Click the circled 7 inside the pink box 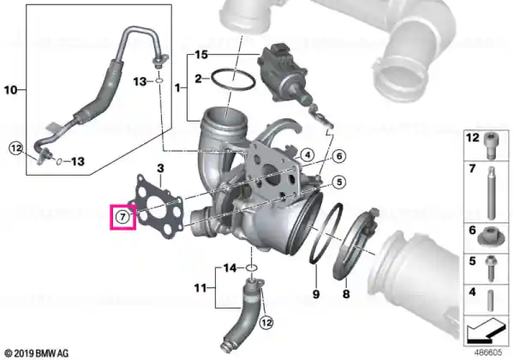[x=123, y=217]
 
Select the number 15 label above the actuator [x=201, y=54]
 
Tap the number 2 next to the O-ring [x=199, y=79]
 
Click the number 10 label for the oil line [x=10, y=89]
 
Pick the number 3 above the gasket [x=160, y=169]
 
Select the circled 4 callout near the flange [x=308, y=155]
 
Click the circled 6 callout [x=339, y=156]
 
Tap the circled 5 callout [x=339, y=182]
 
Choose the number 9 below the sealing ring [x=315, y=294]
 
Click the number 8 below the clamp [x=346, y=294]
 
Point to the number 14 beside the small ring [x=230, y=268]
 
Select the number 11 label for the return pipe [x=200, y=288]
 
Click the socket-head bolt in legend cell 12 [x=491, y=145]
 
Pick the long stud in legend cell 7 [x=491, y=193]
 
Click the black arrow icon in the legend [x=486, y=329]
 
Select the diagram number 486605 [x=488, y=352]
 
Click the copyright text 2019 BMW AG [x=37, y=353]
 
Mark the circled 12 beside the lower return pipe [x=266, y=322]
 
